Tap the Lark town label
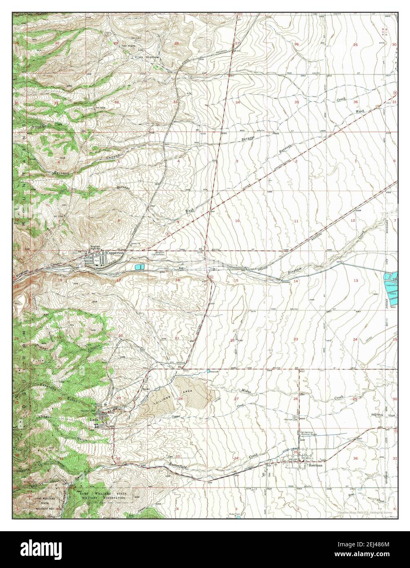click(94, 420)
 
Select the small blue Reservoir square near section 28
click(209, 371)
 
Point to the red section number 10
click(237, 221)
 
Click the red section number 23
click(295, 340)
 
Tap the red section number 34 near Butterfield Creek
click(236, 458)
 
